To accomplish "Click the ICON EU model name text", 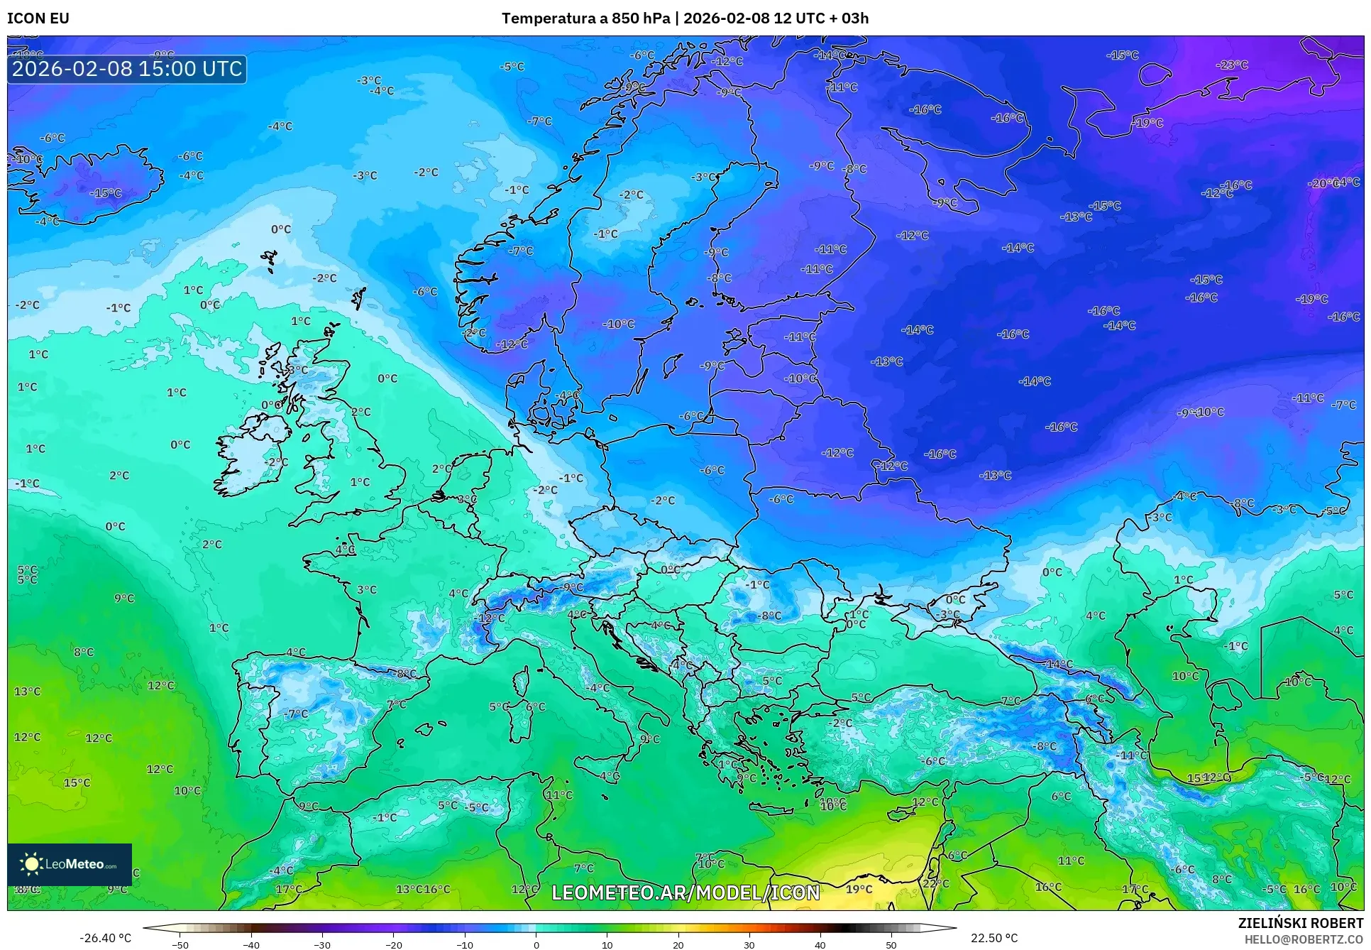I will [38, 18].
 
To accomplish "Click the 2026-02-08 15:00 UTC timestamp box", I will [127, 70].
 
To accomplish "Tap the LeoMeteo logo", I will [70, 864].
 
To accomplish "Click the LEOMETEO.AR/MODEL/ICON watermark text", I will [685, 892].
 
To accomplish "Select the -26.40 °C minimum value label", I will [105, 938].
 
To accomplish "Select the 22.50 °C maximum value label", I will [994, 938].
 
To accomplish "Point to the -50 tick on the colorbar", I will [180, 944].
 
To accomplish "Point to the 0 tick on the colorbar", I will [536, 944].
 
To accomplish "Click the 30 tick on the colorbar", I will [749, 944].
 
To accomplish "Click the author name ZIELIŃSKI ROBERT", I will [1300, 924].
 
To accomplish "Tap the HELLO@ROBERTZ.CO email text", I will [1304, 939].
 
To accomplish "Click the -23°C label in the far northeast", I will [1232, 65].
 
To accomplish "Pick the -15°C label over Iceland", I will [106, 193].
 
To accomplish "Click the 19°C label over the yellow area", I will [859, 889].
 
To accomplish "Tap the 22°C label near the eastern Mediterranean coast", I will [935, 884].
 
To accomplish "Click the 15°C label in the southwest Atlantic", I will [77, 782].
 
